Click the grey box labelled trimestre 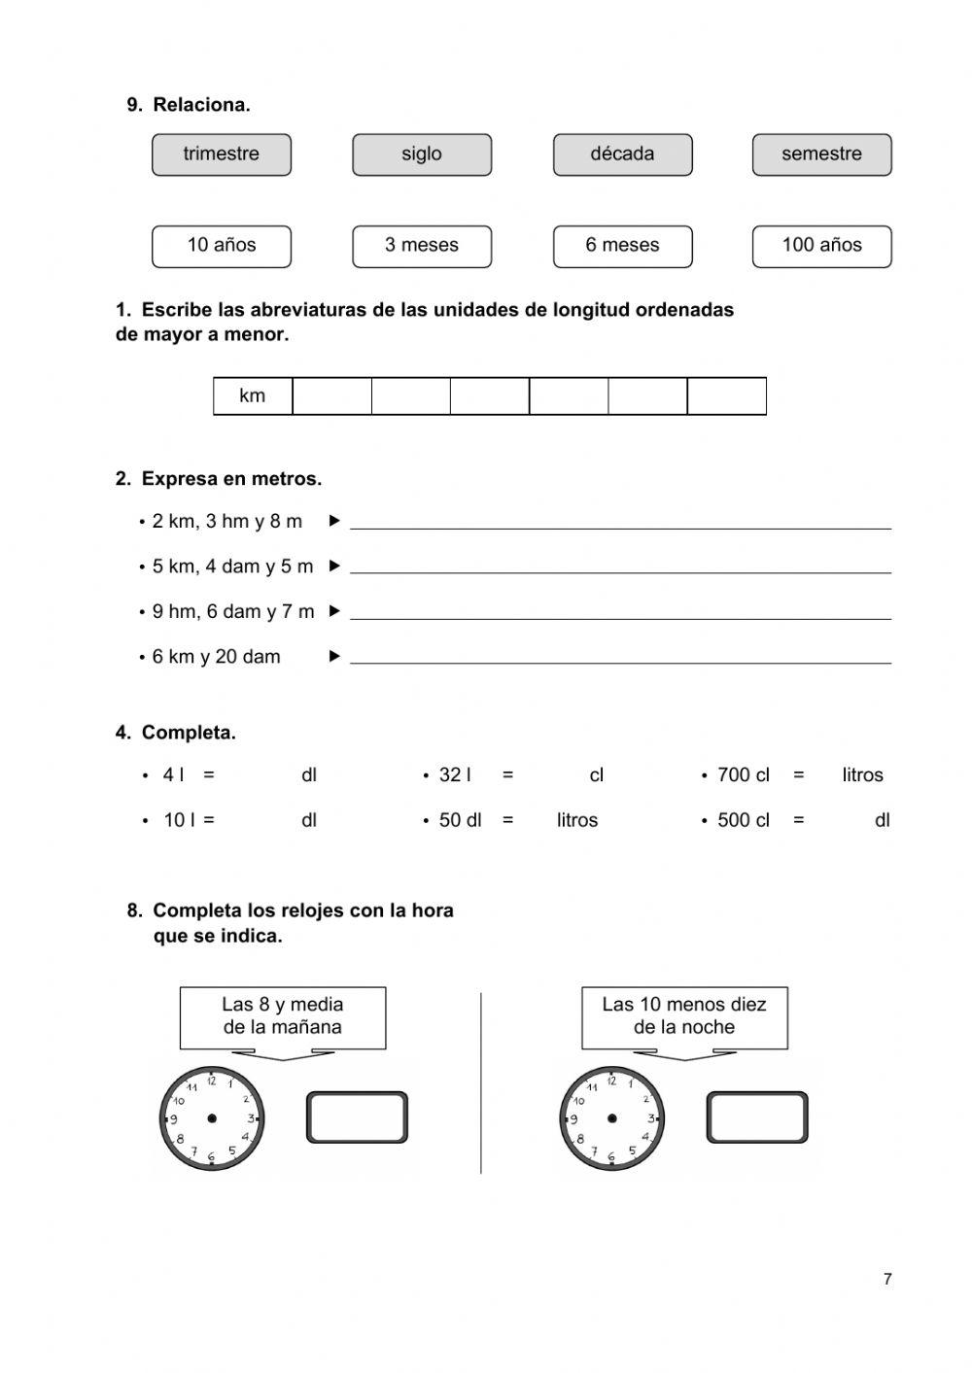pos(222,154)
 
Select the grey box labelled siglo pos(422,154)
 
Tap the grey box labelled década pos(623,154)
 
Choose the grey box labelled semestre pos(821,154)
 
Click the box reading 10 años pos(222,246)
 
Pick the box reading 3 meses pos(422,246)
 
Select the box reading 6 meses pos(623,246)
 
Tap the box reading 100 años pos(821,246)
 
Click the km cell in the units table pos(253,396)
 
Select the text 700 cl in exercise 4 pos(744,775)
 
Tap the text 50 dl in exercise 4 pos(460,820)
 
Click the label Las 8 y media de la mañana pos(283,1016)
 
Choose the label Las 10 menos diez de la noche pos(684,1016)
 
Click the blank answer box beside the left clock pos(358,1117)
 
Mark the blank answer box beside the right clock pos(758,1117)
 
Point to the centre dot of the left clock pos(212,1118)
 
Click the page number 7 pos(887,1280)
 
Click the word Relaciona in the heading pos(201,105)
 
